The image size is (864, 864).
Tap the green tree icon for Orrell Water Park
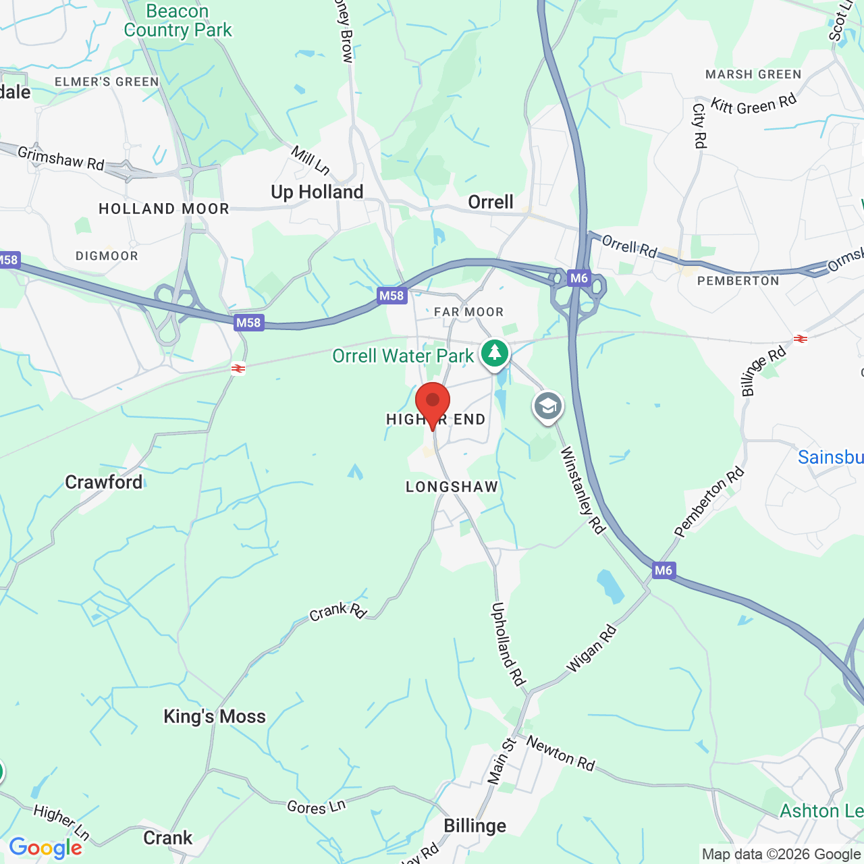pyautogui.click(x=495, y=353)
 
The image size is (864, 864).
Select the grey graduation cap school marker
pyautogui.click(x=548, y=407)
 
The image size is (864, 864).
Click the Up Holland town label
pyautogui.click(x=317, y=192)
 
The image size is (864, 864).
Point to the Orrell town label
pyautogui.click(x=491, y=202)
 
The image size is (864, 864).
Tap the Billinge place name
pyautogui.click(x=475, y=826)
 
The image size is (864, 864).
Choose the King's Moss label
pyautogui.click(x=215, y=717)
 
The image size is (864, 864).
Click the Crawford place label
pyautogui.click(x=104, y=483)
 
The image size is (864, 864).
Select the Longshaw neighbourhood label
pyautogui.click(x=452, y=487)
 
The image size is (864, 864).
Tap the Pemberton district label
pyautogui.click(x=738, y=281)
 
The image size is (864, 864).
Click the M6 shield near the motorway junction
pyautogui.click(x=579, y=278)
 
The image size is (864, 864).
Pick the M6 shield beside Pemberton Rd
pyautogui.click(x=664, y=570)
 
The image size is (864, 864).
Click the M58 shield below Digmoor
pyautogui.click(x=248, y=323)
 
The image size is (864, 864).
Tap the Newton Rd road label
pyautogui.click(x=560, y=753)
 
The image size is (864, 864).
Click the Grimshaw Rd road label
pyautogui.click(x=61, y=159)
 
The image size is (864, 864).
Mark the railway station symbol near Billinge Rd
pyautogui.click(x=801, y=339)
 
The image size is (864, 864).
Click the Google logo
pyautogui.click(x=46, y=848)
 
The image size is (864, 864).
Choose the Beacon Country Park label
pyautogui.click(x=178, y=21)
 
